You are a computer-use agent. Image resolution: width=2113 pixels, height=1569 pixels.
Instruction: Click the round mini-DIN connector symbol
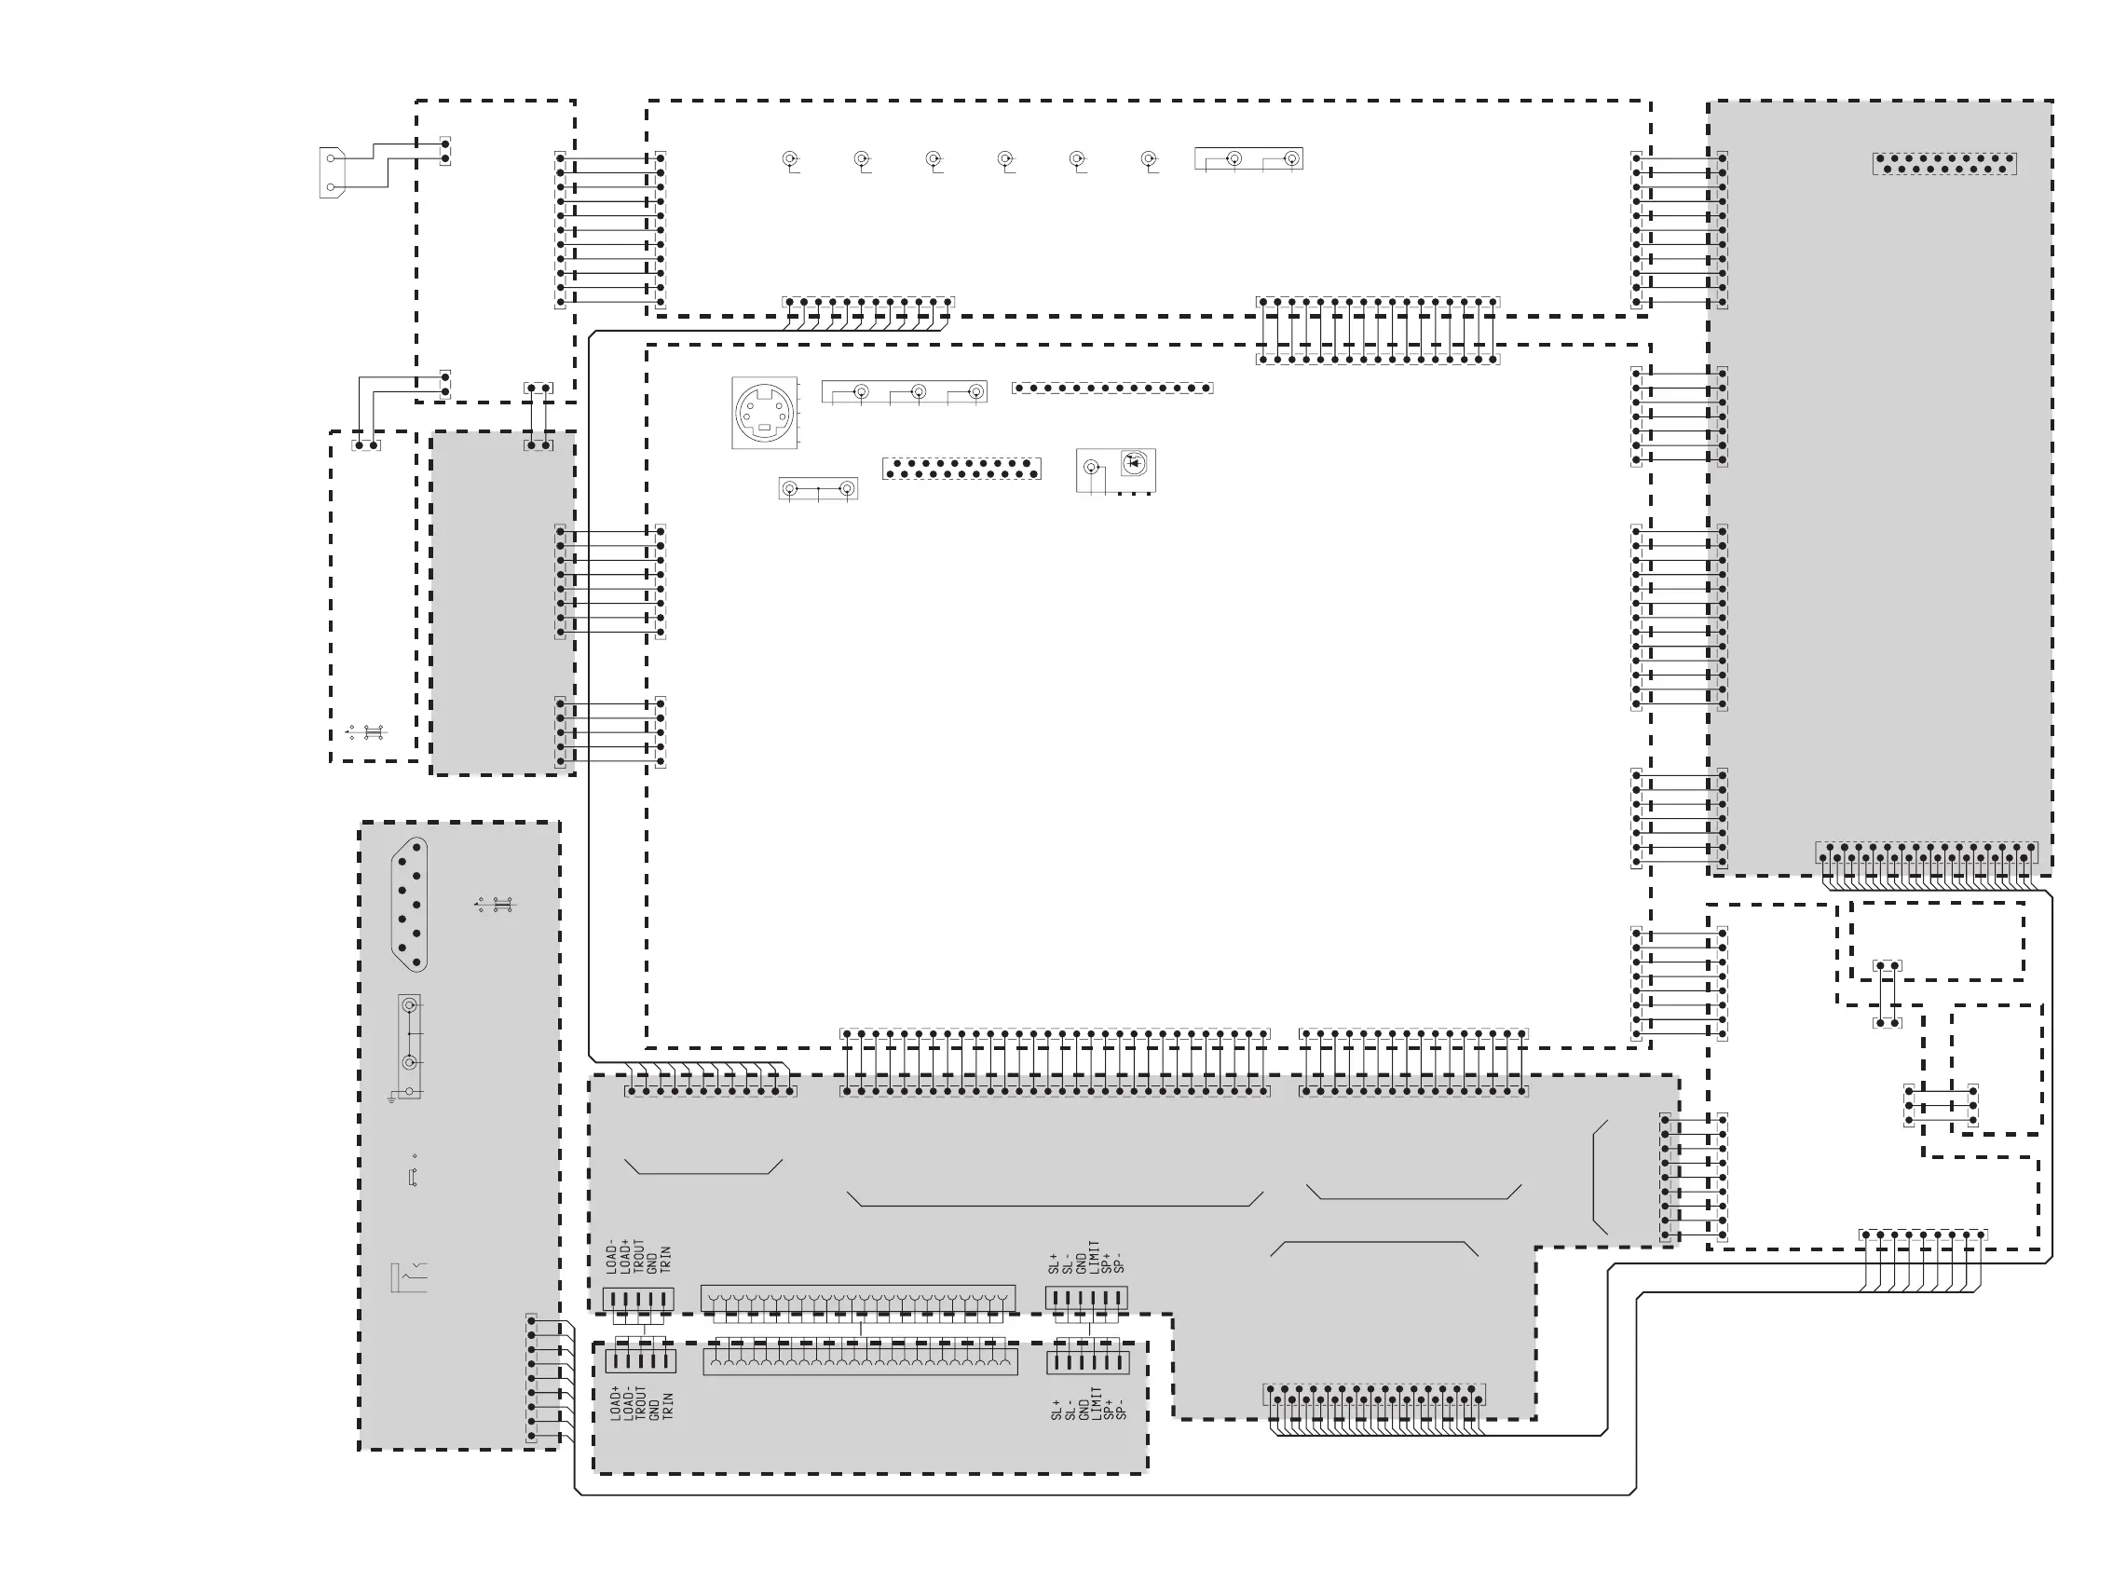765,412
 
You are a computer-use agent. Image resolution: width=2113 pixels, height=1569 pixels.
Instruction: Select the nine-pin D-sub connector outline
409,903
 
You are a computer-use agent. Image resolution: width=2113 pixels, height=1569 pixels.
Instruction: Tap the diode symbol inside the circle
1134,463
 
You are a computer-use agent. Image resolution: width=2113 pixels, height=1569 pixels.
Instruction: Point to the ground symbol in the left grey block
392,1098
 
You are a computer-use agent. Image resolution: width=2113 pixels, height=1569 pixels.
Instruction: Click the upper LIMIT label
1094,1256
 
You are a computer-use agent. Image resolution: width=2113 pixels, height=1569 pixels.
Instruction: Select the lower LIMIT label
1097,1403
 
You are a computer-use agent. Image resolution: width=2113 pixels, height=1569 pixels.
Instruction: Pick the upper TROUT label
639,1256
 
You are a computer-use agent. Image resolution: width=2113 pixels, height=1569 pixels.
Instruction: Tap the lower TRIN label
668,1406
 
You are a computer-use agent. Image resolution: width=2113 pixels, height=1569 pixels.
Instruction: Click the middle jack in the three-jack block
919,391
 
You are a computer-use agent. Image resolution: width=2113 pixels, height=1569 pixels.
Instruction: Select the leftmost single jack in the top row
789,158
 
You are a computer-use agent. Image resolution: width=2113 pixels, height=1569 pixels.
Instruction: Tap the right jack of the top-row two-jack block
1290,158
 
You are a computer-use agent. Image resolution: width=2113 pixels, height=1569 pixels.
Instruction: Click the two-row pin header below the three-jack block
961,469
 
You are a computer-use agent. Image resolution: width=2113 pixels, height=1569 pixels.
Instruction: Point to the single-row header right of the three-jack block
1112,388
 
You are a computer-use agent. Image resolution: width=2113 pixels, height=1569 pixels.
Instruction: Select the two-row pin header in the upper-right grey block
1944,163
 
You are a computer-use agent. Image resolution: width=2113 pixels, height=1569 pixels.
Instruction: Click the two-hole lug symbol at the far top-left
331,172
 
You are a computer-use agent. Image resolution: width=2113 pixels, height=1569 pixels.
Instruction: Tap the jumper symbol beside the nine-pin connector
495,904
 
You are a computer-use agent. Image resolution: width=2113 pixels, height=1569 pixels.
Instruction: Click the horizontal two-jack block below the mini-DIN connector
818,489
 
